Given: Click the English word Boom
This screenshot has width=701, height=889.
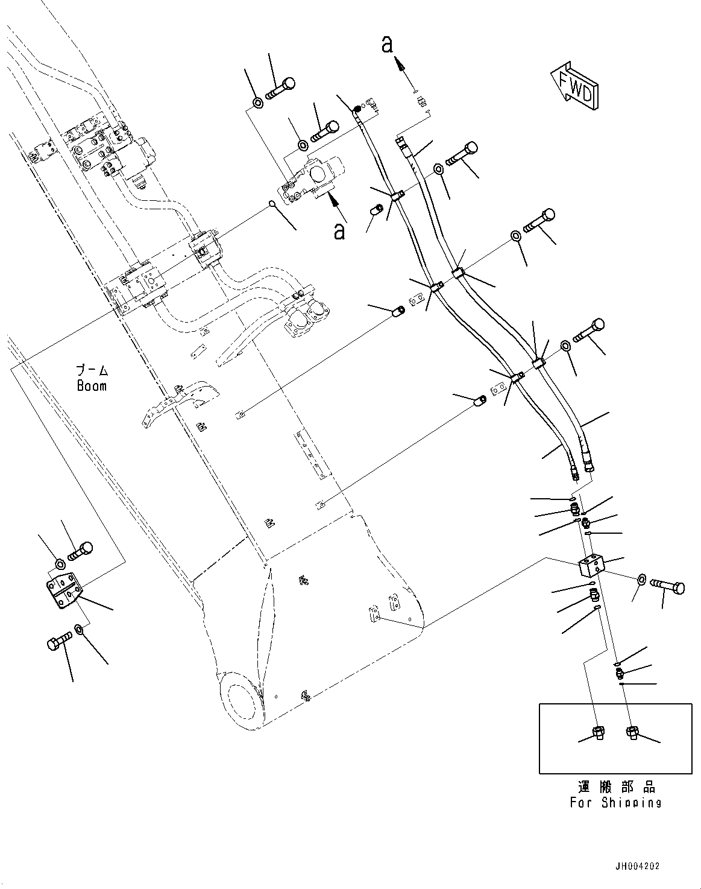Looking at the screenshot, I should tap(92, 385).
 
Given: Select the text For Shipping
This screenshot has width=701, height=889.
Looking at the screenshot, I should tap(615, 803).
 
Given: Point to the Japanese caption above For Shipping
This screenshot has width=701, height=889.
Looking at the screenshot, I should tap(615, 786).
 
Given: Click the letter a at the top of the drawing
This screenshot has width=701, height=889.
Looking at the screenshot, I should tap(388, 45).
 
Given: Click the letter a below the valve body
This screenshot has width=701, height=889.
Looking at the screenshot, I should tap(340, 230).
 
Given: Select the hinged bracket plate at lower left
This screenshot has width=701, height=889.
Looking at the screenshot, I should tap(63, 593).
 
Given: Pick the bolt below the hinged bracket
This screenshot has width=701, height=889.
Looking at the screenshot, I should tap(57, 644).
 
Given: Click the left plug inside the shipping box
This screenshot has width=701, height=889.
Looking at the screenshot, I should tap(599, 733).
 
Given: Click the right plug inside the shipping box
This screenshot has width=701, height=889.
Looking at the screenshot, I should tap(632, 733).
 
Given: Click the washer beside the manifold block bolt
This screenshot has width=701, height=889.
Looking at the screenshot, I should tap(642, 580).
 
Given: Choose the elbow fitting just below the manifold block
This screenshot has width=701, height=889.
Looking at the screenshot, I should tap(594, 596).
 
